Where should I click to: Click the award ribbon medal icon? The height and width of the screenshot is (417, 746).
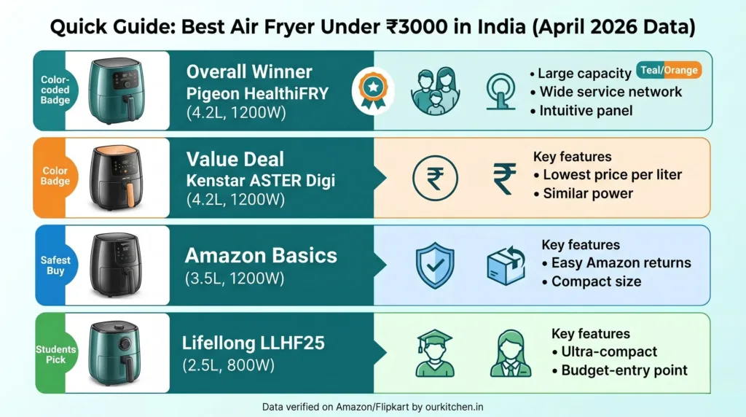point(372,90)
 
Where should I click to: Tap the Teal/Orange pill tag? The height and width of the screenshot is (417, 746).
point(669,71)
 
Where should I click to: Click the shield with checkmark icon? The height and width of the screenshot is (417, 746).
point(434,265)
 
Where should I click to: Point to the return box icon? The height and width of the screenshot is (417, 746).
point(505,265)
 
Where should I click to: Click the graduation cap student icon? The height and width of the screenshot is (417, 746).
point(435,354)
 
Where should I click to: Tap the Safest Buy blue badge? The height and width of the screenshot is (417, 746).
point(55,265)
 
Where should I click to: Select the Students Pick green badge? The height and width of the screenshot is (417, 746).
point(55,354)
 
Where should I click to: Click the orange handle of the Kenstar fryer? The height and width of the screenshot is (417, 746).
point(130,195)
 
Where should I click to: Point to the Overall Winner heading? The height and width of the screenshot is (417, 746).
point(249,71)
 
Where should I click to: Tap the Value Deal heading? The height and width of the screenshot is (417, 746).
point(235,159)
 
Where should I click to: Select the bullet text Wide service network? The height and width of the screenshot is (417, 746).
point(610,92)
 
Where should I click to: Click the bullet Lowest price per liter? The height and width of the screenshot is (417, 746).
point(612,175)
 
